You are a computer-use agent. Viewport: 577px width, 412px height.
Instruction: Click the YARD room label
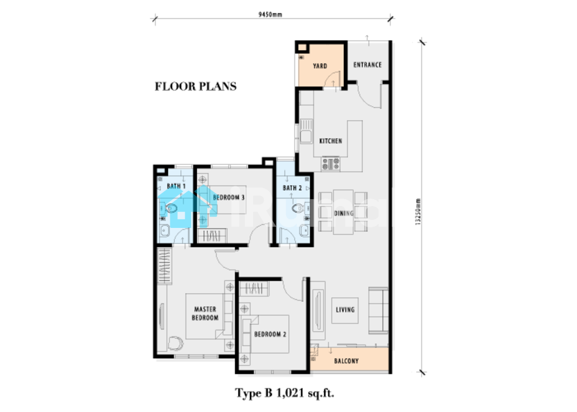pyautogui.click(x=320, y=66)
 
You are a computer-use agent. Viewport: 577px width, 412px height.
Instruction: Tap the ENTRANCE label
pyautogui.click(x=367, y=65)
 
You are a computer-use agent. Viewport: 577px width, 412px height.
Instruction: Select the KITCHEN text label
pyautogui.click(x=331, y=141)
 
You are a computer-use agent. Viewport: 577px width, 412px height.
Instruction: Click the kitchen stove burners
pyautogui.click(x=331, y=164)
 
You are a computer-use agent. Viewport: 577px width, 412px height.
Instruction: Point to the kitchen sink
pyautogui.click(x=305, y=132)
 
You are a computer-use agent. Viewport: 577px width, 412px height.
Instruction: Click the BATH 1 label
pyautogui.click(x=176, y=186)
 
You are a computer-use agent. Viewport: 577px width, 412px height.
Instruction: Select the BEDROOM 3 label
pyautogui.click(x=228, y=197)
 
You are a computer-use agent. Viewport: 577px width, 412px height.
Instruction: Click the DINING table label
pyautogui.click(x=344, y=213)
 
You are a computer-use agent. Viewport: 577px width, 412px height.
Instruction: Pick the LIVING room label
pyautogui.click(x=345, y=310)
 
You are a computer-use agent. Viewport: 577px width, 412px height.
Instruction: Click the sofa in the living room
pyautogui.click(x=379, y=310)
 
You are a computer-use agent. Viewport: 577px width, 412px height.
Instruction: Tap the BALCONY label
pyautogui.click(x=346, y=361)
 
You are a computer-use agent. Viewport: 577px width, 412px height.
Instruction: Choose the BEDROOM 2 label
pyautogui.click(x=270, y=334)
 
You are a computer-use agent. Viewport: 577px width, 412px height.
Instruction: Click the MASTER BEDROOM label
pyautogui.click(x=205, y=313)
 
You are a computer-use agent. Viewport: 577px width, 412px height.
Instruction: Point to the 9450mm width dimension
pyautogui.click(x=270, y=15)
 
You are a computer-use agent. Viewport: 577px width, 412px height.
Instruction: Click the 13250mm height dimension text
pyautogui.click(x=418, y=212)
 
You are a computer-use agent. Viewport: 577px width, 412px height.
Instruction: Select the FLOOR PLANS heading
pyautogui.click(x=196, y=87)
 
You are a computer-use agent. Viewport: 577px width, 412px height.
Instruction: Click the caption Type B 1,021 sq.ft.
pyautogui.click(x=284, y=393)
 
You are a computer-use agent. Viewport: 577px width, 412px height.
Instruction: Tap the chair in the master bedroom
pyautogui.click(x=175, y=343)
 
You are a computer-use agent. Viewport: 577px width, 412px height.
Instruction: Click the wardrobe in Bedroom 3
pyautogui.click(x=212, y=235)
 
